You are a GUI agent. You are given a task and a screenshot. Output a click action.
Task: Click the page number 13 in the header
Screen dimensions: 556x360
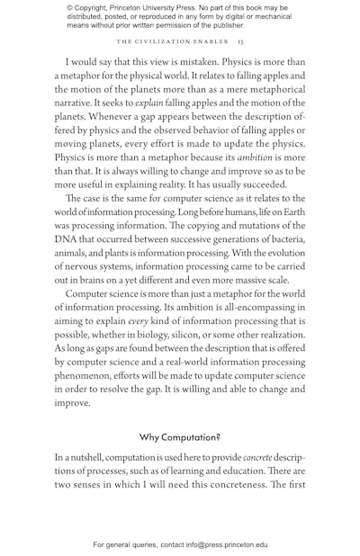tap(240, 41)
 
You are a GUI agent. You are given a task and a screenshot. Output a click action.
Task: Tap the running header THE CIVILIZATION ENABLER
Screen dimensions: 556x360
tap(173, 41)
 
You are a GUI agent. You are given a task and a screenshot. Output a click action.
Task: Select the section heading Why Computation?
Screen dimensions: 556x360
tap(180, 437)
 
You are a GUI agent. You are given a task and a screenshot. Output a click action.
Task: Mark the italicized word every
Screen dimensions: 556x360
tap(138, 321)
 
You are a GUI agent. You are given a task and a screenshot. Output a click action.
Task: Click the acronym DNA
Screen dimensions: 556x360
tap(68, 239)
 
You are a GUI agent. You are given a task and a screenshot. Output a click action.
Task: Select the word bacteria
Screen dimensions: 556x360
tap(281, 239)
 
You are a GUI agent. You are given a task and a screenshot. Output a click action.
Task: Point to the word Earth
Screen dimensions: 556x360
tap(290, 211)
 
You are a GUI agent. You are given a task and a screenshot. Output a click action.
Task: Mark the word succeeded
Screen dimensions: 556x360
tap(260, 184)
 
